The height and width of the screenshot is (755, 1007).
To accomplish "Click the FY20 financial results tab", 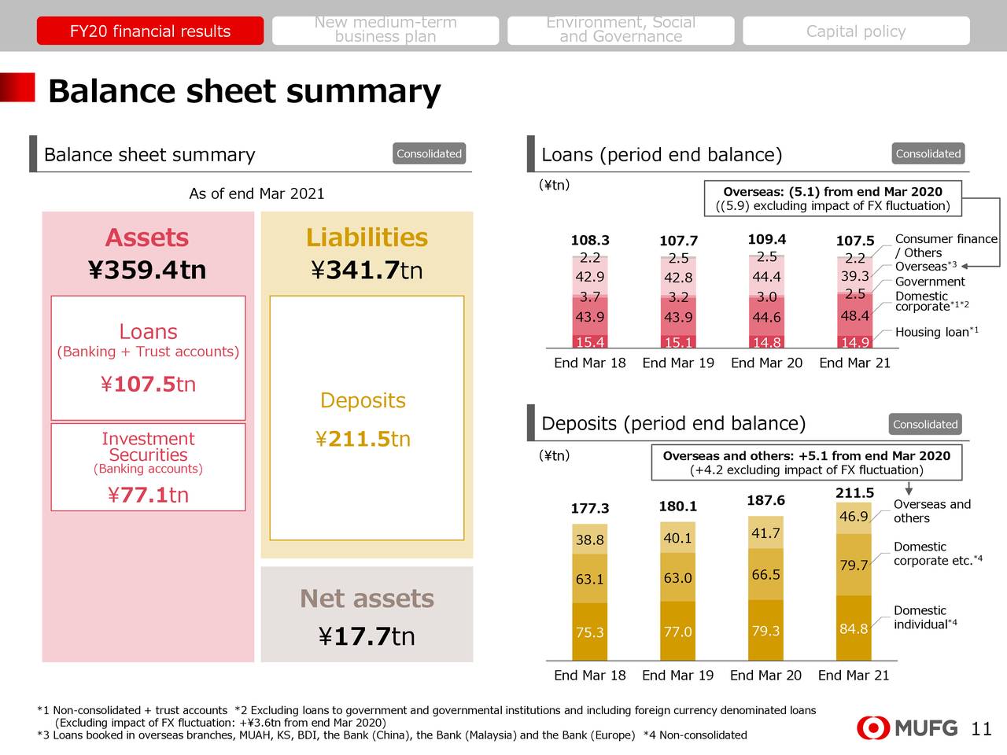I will tap(149, 31).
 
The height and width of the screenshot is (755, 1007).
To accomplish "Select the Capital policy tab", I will tap(856, 31).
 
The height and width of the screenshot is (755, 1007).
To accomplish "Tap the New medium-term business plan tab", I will tap(385, 30).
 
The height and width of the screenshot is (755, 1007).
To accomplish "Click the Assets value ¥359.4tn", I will tap(147, 271).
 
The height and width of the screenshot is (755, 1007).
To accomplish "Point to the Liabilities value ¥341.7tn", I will tap(367, 271).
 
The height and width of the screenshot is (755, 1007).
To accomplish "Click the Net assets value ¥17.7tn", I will tap(367, 635).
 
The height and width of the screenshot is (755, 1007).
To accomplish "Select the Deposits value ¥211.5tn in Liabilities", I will tap(363, 439).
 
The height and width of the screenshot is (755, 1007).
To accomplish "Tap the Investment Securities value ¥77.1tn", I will tap(148, 495).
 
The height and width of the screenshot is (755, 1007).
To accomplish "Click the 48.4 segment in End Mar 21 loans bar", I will tap(854, 316).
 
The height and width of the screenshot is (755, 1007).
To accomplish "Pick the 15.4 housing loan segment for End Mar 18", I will tap(590, 342).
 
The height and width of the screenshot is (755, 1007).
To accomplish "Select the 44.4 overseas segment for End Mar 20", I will tap(766, 277).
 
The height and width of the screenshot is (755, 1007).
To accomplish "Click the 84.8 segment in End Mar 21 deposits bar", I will tap(854, 629).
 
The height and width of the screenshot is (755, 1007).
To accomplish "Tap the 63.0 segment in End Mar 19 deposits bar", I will tap(677, 578).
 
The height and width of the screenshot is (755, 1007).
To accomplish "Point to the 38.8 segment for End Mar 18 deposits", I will tap(589, 540).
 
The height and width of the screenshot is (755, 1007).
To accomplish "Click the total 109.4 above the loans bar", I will tap(766, 239).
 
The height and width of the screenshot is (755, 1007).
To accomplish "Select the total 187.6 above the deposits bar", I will tap(765, 500).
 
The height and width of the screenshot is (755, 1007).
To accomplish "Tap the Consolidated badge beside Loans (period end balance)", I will tap(928, 154).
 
